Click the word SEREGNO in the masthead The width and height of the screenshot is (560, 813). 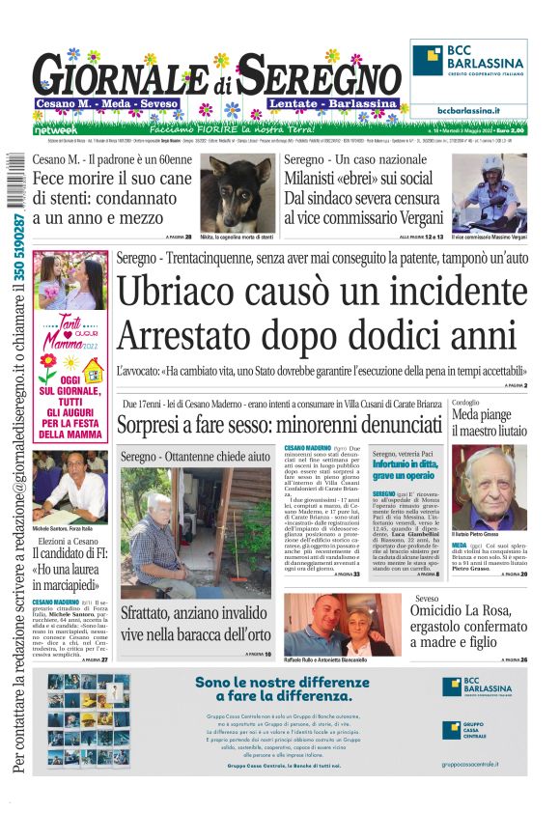(319, 76)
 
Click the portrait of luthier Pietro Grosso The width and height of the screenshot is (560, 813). (490, 488)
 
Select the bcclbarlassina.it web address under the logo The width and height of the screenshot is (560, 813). (468, 111)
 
